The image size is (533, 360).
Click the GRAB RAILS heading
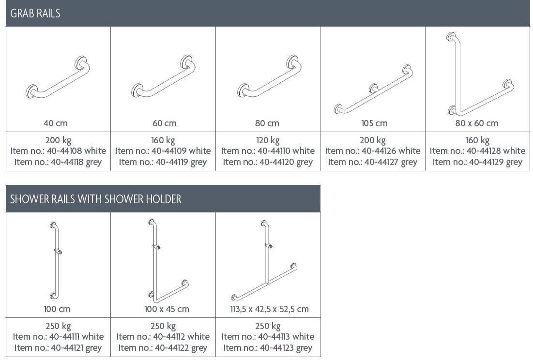point(35,13)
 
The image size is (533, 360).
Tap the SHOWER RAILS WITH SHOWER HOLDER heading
point(96,199)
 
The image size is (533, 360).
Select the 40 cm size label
point(56,123)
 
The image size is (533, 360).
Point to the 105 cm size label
point(374,123)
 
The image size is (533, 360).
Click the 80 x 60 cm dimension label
point(477,123)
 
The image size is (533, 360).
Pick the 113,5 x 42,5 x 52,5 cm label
point(269,309)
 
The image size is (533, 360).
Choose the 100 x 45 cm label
point(167,309)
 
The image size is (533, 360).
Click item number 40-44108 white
point(58,151)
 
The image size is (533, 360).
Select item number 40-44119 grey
point(163,162)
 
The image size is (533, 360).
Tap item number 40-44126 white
point(373,151)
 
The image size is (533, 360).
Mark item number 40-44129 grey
point(477,162)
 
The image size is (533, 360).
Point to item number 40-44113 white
point(268,337)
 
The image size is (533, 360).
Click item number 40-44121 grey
point(58,348)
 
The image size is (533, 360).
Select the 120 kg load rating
point(268,140)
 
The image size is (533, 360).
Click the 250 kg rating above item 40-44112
point(163,327)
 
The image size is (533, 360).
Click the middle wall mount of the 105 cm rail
point(374,88)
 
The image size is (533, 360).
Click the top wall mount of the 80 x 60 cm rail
point(451,36)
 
